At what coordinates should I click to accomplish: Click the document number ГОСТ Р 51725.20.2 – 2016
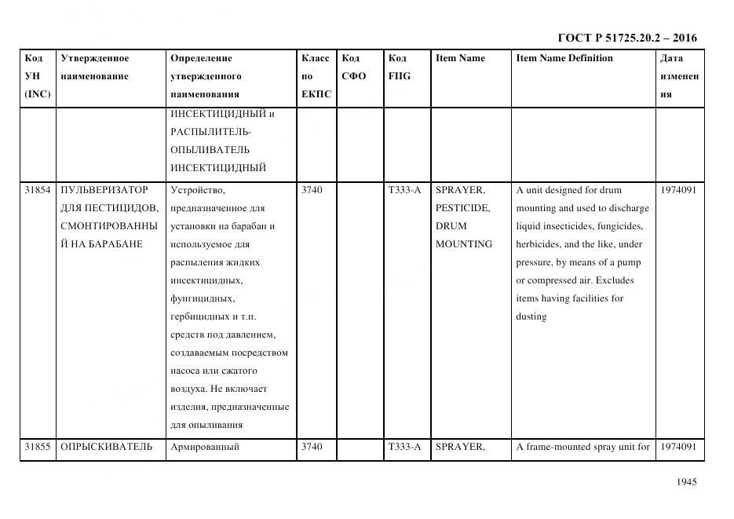[626, 38]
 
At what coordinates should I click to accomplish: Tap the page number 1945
[686, 482]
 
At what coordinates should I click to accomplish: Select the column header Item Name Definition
[564, 58]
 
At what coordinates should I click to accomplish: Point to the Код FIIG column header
[399, 68]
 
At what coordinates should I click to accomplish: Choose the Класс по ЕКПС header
[316, 76]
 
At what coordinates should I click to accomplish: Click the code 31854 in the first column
[38, 190]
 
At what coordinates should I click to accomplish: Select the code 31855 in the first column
[38, 448]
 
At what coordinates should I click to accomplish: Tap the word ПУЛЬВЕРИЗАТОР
[104, 190]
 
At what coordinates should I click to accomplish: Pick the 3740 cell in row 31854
[312, 190]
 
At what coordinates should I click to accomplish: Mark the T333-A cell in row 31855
[404, 448]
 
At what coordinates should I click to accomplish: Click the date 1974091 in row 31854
[678, 190]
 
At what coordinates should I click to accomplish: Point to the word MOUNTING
[464, 244]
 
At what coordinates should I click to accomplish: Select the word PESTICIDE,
[463, 208]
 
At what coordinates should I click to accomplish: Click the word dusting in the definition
[531, 316]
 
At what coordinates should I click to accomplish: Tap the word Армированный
[204, 448]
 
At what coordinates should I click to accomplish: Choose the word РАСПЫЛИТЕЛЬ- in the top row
[210, 131]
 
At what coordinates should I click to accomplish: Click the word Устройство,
[197, 190]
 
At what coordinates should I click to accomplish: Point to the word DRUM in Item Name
[451, 226]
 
